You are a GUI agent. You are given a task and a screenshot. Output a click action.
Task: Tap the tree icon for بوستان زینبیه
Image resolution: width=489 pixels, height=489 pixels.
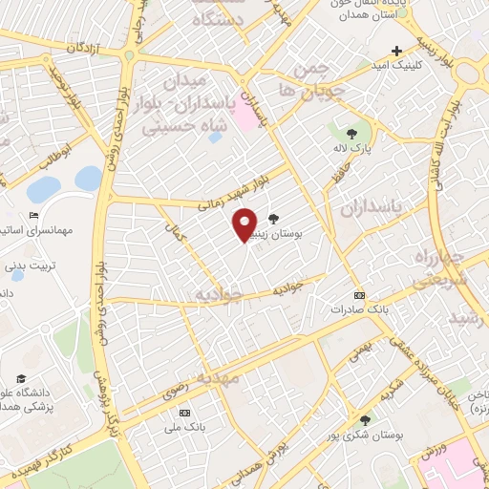[x=275, y=219]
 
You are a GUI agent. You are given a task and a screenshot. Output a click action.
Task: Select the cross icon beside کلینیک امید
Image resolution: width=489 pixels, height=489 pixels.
[x=396, y=51]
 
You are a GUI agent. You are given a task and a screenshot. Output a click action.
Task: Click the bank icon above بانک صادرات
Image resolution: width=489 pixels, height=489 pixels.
[x=359, y=295]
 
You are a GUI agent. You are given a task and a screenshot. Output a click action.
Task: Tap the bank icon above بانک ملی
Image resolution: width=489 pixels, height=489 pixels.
[x=184, y=413]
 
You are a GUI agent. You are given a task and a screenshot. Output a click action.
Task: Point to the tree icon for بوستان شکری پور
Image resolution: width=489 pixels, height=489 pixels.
[x=365, y=419]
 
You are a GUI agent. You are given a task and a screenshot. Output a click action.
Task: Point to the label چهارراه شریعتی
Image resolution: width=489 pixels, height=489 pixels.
[x=438, y=268]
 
